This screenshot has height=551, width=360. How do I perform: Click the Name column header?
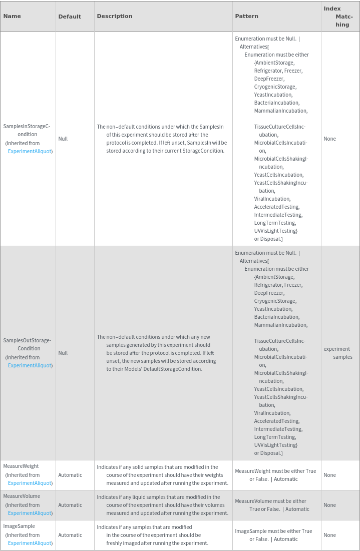tap(12, 16)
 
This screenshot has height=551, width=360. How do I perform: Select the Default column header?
tap(70, 17)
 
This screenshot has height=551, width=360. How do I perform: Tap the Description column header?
tap(115, 16)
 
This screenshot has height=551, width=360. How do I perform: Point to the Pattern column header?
tap(247, 16)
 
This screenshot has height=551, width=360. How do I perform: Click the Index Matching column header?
tap(338, 17)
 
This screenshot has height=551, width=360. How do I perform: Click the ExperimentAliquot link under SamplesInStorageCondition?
tap(30, 151)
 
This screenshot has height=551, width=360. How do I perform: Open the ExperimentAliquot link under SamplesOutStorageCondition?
tap(30, 365)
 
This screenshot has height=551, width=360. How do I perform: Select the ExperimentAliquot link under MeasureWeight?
tap(30, 483)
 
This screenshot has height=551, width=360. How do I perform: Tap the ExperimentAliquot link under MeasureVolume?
tap(30, 513)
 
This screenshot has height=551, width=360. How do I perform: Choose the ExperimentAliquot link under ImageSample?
tap(30, 543)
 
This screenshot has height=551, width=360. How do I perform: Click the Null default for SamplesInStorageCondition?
tap(63, 139)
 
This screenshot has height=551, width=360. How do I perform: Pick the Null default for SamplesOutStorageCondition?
tap(63, 353)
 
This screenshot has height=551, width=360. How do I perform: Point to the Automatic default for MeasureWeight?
tap(70, 475)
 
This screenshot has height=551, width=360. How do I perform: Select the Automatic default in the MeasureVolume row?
tap(70, 505)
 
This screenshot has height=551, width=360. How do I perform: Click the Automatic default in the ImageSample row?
tap(70, 535)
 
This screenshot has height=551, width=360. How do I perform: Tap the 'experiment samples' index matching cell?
tap(338, 353)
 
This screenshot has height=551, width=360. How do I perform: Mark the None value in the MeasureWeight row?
tap(330, 475)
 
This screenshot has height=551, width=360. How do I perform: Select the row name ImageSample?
tap(19, 526)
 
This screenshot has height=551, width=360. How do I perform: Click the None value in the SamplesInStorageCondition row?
tap(330, 139)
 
